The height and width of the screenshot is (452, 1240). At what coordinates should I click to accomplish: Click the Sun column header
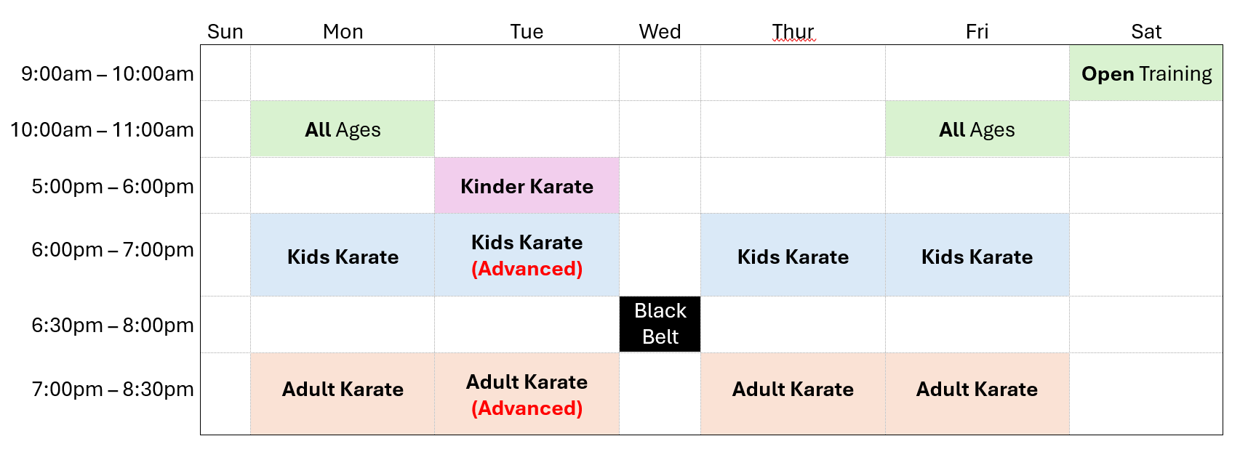coord(225,31)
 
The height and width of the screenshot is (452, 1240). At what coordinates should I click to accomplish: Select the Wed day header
coord(660,31)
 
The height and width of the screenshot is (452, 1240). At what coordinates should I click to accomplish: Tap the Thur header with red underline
coord(793,31)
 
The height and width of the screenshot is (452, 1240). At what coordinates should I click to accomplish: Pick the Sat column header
coord(1146,31)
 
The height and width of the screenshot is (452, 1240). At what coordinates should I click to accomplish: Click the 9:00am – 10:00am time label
coord(108,73)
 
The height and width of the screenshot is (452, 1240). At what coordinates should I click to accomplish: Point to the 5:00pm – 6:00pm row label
coord(113,187)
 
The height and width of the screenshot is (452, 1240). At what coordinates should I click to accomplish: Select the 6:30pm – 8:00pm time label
coord(113,325)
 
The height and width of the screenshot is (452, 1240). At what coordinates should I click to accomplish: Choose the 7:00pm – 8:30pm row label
coord(113,389)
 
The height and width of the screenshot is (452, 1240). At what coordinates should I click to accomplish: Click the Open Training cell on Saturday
coord(1146,73)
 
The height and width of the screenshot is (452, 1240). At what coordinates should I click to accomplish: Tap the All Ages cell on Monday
coord(343,129)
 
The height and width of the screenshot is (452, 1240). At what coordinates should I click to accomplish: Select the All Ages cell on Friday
coord(977,129)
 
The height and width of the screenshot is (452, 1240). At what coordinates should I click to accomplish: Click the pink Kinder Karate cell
coord(527,186)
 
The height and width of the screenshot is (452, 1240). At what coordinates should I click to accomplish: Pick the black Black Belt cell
coord(660,324)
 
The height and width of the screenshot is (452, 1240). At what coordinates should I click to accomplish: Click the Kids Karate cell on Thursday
coord(793,255)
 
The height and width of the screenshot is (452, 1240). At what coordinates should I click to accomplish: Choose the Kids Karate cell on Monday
coord(343,255)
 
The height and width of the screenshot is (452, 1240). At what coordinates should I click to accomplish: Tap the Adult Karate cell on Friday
coord(977,393)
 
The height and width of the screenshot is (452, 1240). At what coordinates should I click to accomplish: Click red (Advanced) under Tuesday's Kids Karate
coord(527,269)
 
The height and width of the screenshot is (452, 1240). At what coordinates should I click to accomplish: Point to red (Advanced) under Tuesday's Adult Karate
coord(527,408)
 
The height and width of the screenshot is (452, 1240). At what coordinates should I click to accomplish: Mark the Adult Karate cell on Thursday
coord(793,393)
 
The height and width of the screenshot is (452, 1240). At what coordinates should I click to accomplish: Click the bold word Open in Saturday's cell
coord(1108,74)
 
